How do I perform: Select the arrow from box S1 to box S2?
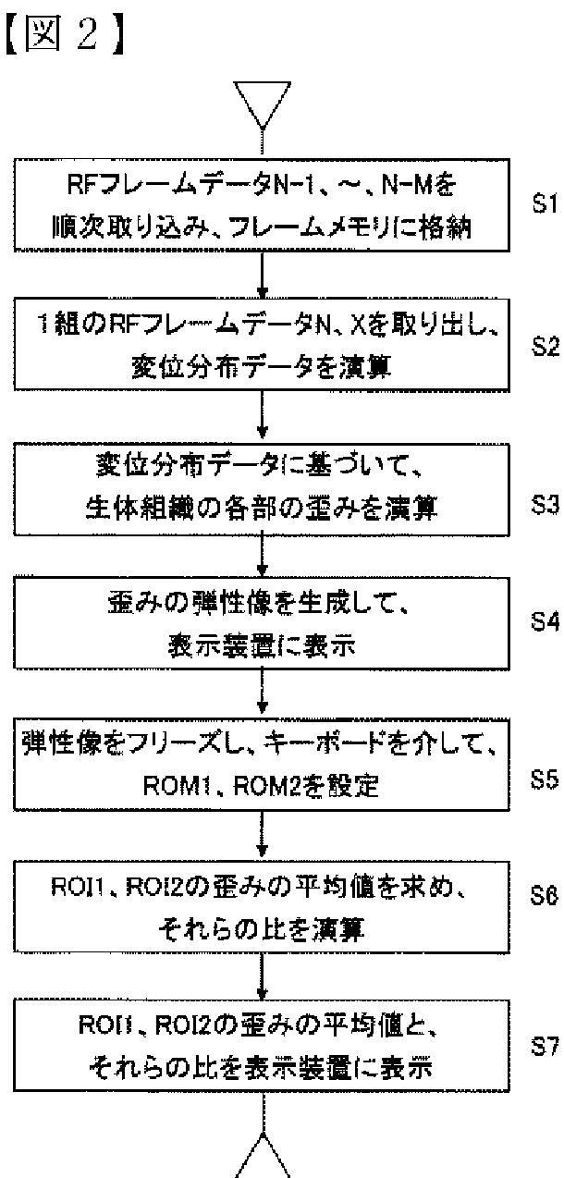tap(264, 273)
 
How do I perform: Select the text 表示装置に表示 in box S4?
tap(264, 644)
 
